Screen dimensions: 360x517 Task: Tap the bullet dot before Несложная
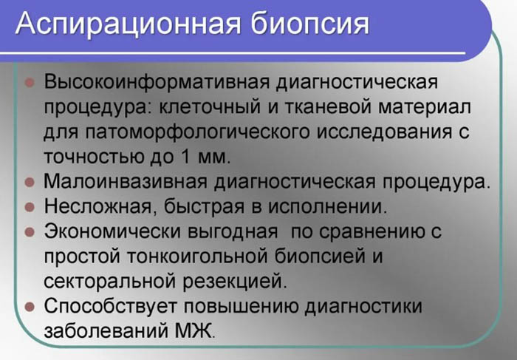pyautogui.click(x=30, y=206)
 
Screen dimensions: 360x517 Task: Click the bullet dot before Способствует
pyautogui.click(x=30, y=305)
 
